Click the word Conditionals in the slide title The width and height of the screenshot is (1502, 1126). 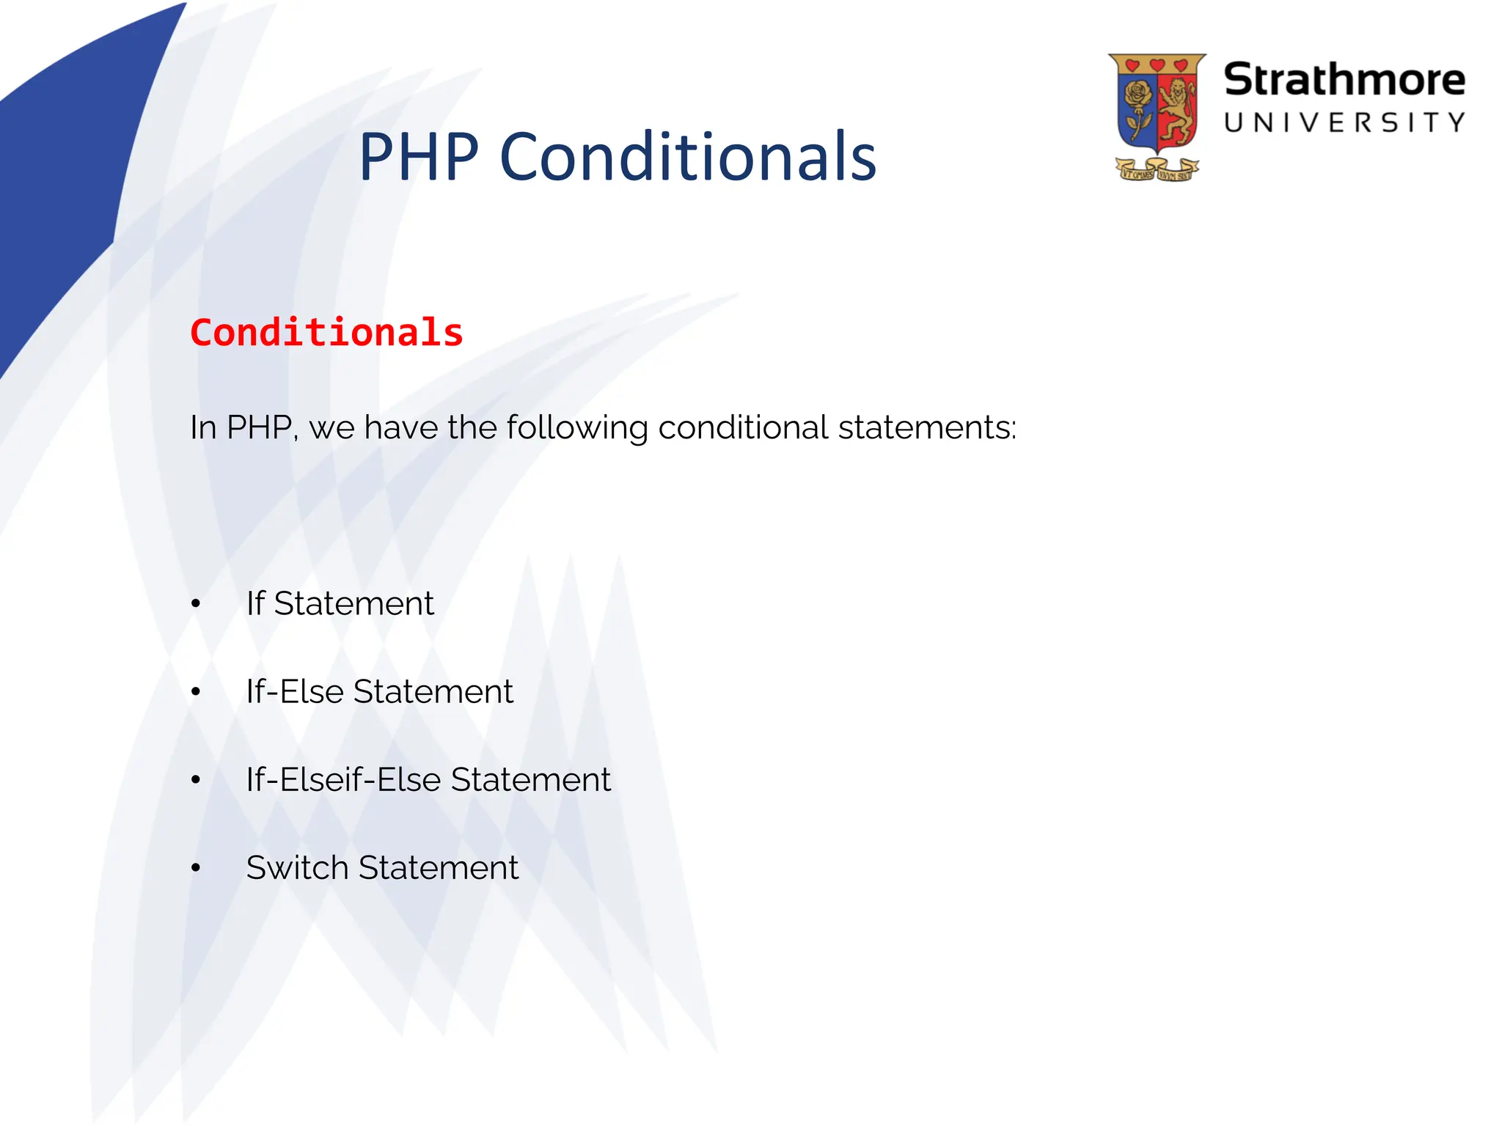[688, 157]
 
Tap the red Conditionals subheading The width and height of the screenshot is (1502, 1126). [326, 333]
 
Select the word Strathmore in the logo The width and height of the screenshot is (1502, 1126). [1344, 80]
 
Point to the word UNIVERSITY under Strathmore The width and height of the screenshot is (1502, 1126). [1344, 122]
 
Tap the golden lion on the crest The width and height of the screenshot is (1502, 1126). [1178, 110]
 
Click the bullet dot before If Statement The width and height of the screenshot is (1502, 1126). [195, 604]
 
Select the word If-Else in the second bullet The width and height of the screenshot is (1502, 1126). [295, 691]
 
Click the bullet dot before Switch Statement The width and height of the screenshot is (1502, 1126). [195, 868]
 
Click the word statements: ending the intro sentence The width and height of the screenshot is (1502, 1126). [927, 428]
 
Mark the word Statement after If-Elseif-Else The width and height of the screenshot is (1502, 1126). [530, 779]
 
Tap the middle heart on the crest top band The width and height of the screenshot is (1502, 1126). [1157, 65]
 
